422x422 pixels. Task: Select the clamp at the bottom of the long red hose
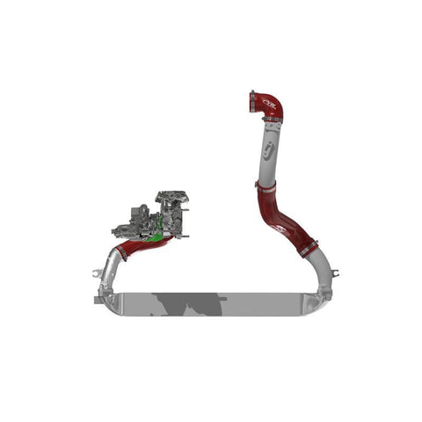pos(304,251)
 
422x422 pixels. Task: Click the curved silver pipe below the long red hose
pos(320,268)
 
